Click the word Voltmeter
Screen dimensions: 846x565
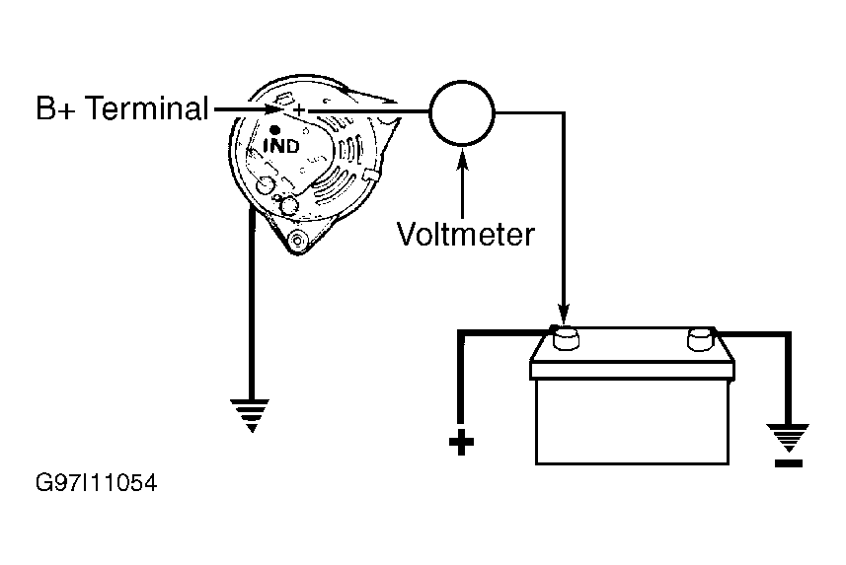(466, 235)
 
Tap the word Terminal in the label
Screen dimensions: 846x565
(147, 107)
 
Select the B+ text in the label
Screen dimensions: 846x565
(56, 107)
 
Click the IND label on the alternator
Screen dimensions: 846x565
(281, 146)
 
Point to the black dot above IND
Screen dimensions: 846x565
(274, 129)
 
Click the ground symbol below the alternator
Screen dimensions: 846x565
(251, 415)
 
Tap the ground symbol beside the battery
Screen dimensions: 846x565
(789, 438)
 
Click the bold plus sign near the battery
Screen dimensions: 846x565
(461, 443)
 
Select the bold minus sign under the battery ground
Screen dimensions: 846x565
(789, 462)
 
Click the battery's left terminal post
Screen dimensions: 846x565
(565, 338)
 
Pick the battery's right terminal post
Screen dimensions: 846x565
(701, 339)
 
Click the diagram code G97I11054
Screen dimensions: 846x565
(96, 483)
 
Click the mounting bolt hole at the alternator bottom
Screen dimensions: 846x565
(297, 240)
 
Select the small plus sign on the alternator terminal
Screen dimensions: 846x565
(299, 110)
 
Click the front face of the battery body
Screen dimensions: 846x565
(632, 421)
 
